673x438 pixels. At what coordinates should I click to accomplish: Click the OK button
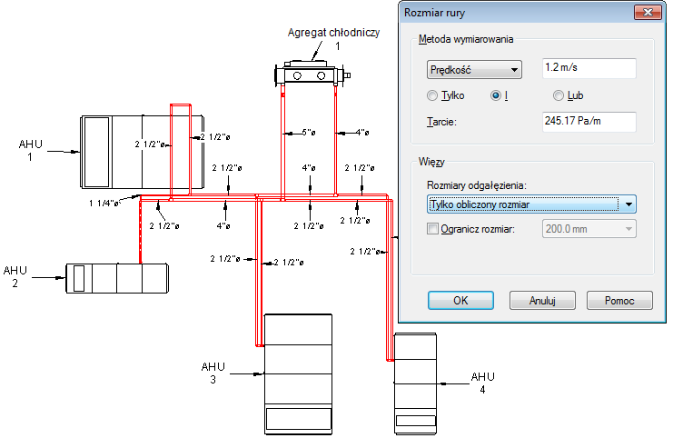(460, 300)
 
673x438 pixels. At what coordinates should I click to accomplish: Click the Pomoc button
(619, 300)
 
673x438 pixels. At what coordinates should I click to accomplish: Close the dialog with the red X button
(648, 13)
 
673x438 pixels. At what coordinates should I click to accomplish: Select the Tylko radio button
(432, 95)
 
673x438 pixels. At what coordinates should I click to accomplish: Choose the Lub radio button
(558, 95)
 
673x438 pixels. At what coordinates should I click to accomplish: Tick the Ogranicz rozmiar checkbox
(432, 228)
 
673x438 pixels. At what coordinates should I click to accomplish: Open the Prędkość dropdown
(474, 70)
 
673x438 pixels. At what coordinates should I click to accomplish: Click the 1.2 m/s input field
(589, 68)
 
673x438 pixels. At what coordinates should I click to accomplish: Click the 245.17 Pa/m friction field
(589, 122)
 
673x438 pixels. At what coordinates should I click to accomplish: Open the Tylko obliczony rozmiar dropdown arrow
(628, 204)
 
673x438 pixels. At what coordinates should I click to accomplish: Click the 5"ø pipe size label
(309, 133)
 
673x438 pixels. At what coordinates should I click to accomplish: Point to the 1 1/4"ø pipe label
(104, 204)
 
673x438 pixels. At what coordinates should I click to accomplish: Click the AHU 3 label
(213, 373)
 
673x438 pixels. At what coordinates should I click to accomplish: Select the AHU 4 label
(483, 383)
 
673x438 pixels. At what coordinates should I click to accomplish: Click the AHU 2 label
(15, 276)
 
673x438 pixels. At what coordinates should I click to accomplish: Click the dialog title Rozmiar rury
(434, 13)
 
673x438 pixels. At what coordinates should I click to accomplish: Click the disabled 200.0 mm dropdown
(589, 229)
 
